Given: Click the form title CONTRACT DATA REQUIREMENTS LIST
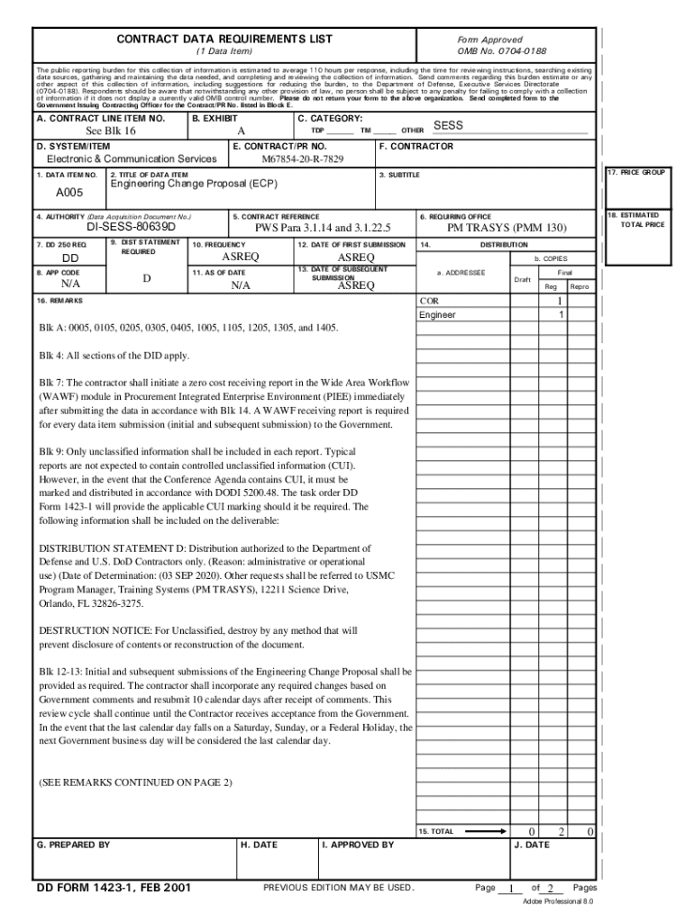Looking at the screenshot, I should (x=224, y=39).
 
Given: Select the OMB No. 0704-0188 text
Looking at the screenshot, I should (x=502, y=51).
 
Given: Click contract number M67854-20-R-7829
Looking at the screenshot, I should (x=302, y=159).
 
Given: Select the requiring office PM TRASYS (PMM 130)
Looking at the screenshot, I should (x=507, y=229).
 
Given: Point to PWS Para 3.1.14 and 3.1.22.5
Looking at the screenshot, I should (x=323, y=229).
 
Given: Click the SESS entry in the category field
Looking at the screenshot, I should (x=448, y=126).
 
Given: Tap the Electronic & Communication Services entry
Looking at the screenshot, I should (x=132, y=159).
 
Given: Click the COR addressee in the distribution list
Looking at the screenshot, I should (x=429, y=301).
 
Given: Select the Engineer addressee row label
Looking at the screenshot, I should (x=437, y=315).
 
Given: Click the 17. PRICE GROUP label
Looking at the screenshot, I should (x=636, y=172).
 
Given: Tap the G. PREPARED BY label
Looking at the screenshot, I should (x=73, y=845).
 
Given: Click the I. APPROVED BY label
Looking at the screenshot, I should (x=358, y=845).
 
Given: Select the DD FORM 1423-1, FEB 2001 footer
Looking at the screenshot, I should (x=114, y=889).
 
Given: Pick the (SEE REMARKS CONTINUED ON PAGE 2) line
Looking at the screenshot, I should (x=135, y=782).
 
